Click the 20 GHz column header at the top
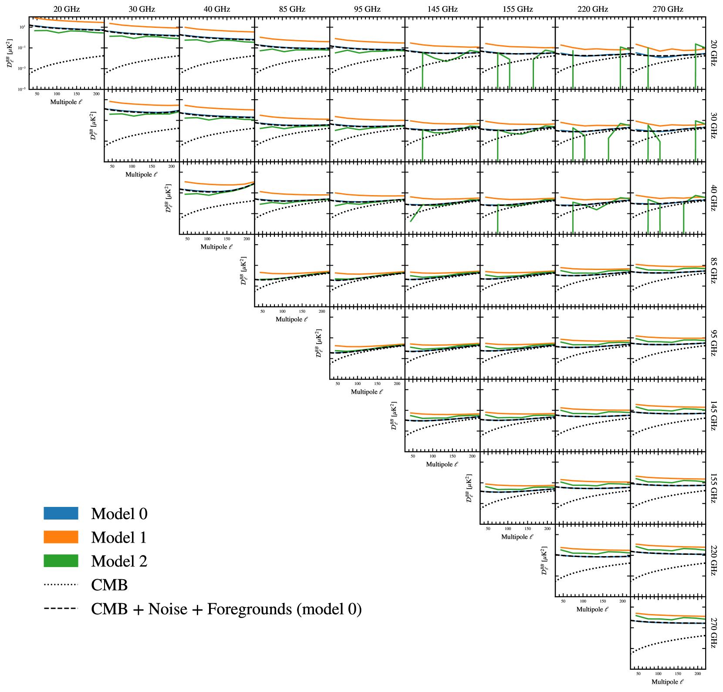[67, 9]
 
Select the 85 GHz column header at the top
[292, 9]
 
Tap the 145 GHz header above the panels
[442, 9]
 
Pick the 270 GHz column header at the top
[668, 9]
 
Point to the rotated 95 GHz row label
[713, 343]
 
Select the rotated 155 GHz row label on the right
[713, 488]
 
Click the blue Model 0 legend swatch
[61, 513]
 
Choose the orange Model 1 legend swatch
[61, 537]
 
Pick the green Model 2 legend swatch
[61, 561]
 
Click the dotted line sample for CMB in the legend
[61, 585]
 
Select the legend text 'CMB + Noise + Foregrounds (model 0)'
[226, 609]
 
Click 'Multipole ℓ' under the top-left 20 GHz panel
[66, 102]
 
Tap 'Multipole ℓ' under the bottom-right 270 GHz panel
[667, 682]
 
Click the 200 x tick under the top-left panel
[96, 94]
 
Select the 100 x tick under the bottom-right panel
[658, 674]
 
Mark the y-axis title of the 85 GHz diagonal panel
[244, 270]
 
